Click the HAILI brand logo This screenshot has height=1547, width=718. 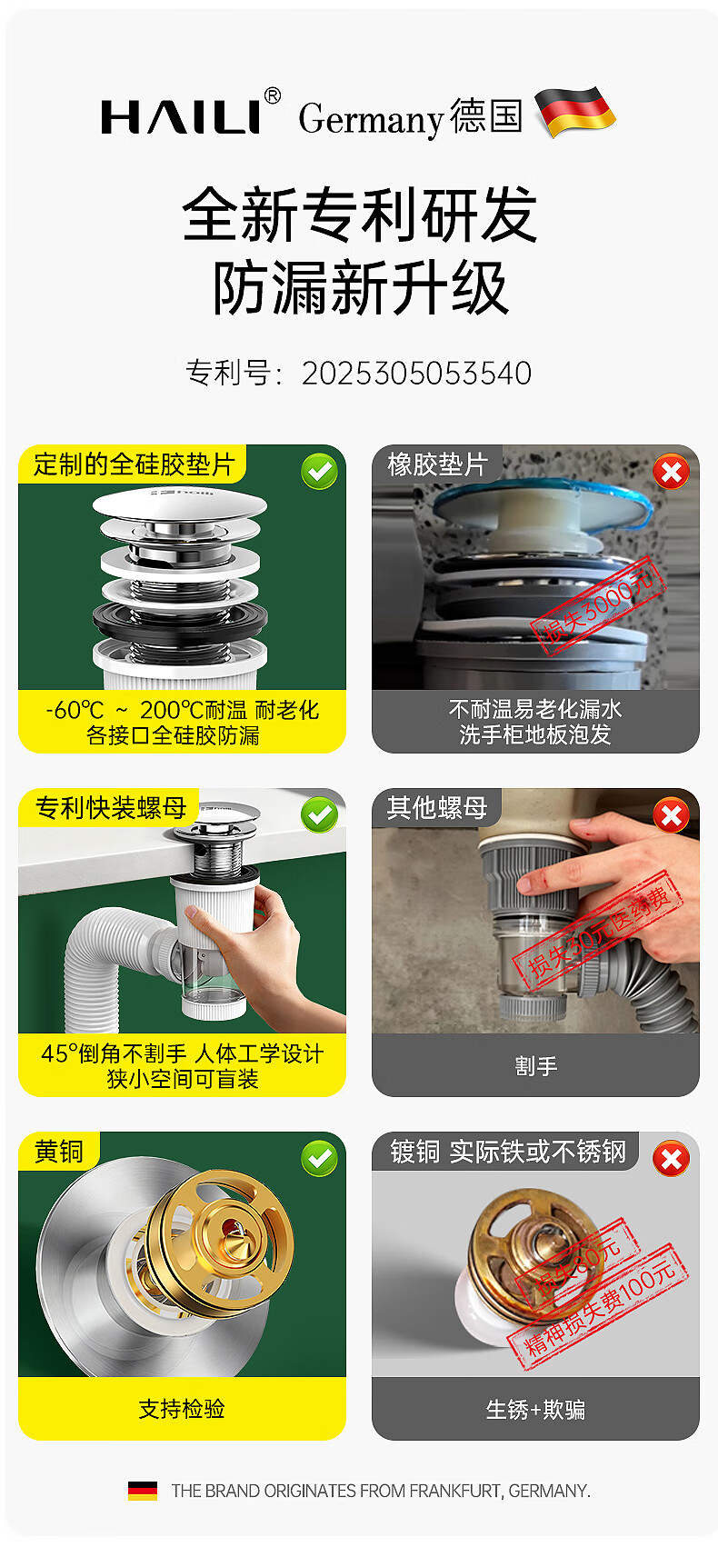191,114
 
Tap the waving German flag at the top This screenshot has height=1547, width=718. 575,111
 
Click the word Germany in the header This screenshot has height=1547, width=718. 371,119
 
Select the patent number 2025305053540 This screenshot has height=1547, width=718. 416,374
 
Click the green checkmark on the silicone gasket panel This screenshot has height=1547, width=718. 319,472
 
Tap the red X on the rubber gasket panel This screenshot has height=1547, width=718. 671,472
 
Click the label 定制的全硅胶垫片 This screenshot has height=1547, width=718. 135,464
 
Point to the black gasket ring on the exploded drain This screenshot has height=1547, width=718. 180,624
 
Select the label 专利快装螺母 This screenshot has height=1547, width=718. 111,807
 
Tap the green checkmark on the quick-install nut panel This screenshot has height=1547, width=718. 319,815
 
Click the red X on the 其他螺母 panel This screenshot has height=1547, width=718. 671,815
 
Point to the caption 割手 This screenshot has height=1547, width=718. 535,1065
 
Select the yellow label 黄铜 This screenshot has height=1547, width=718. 59,1152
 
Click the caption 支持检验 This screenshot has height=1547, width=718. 182,1409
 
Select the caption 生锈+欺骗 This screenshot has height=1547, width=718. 535,1409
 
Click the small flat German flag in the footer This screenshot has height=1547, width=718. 142,1491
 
